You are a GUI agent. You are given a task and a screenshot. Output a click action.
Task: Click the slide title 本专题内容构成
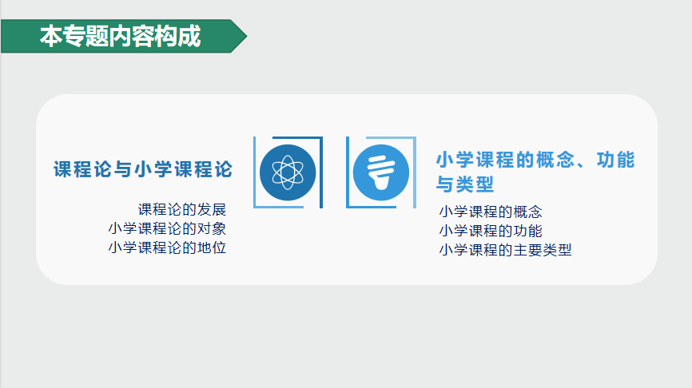click(121, 36)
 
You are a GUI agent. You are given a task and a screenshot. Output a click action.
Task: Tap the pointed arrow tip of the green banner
click(247, 36)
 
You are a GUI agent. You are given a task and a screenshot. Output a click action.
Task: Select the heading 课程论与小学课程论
click(143, 169)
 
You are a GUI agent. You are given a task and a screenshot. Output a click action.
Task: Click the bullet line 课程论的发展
click(182, 209)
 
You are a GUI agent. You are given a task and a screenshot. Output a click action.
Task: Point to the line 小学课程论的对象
click(167, 228)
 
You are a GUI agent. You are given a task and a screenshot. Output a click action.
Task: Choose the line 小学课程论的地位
click(167, 247)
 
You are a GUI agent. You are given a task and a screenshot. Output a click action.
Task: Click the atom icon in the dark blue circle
click(288, 172)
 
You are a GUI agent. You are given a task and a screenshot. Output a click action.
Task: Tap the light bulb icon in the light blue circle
click(381, 172)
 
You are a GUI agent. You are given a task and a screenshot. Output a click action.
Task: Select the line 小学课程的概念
click(491, 212)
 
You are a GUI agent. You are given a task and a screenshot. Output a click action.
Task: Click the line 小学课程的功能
click(491, 231)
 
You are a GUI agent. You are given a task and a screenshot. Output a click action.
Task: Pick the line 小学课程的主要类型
click(505, 250)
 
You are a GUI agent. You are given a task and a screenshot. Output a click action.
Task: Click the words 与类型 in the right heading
click(465, 184)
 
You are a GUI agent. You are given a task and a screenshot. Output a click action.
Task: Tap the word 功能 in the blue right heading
click(615, 160)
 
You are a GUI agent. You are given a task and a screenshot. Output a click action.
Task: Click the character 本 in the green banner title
click(51, 36)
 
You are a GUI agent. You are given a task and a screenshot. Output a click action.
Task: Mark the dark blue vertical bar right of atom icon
click(321, 172)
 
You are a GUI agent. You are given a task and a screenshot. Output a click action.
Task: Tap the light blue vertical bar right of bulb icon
click(415, 172)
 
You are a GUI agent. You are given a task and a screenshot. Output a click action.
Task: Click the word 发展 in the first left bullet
click(212, 209)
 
